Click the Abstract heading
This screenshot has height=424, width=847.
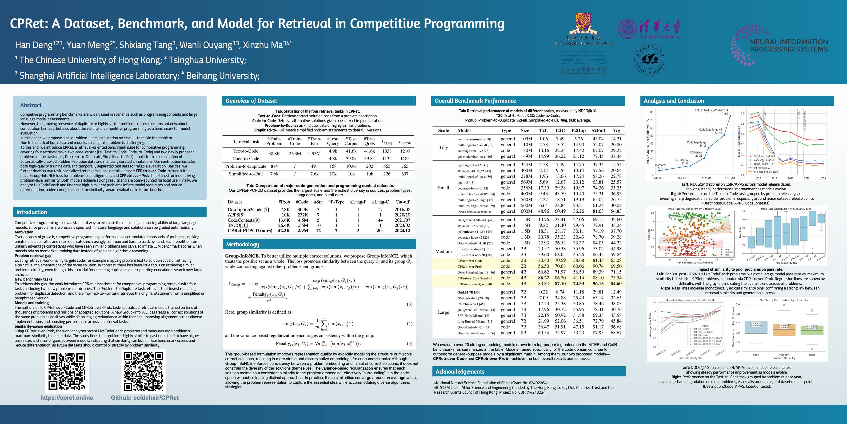click(x=31, y=105)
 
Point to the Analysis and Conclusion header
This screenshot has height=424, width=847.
click(x=674, y=101)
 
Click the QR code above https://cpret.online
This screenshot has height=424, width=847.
click(x=67, y=371)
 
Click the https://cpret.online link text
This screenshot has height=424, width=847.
click(x=67, y=398)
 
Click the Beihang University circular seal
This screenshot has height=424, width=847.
click(x=649, y=60)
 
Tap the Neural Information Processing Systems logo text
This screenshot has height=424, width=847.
click(x=789, y=45)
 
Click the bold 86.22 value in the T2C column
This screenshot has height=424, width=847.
click(x=543, y=278)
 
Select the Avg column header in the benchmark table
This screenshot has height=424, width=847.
click(x=616, y=130)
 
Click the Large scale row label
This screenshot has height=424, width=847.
click(x=443, y=312)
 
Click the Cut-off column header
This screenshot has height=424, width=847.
click(x=402, y=202)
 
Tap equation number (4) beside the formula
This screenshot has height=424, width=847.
click(x=409, y=324)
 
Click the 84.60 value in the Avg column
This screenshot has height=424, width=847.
click(x=616, y=284)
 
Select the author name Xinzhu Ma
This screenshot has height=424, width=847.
click(x=263, y=45)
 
